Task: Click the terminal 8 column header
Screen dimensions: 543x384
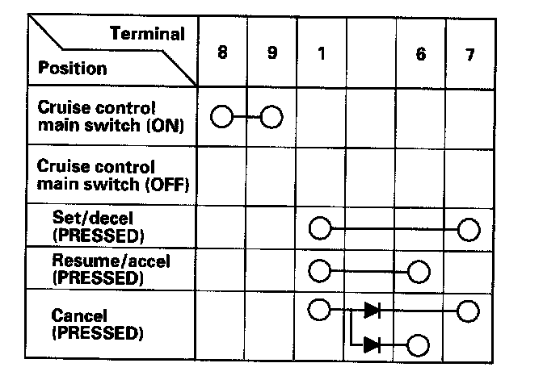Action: (x=221, y=54)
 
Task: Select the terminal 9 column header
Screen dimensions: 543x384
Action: (x=271, y=54)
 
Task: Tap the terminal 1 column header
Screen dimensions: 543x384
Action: (x=321, y=55)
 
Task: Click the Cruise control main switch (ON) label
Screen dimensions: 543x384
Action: (x=108, y=117)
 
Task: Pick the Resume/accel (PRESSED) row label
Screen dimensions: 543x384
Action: (x=111, y=269)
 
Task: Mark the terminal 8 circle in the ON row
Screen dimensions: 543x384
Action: (x=221, y=118)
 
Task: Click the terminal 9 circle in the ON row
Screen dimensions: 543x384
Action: (x=271, y=118)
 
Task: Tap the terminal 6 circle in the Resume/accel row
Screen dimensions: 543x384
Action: (x=419, y=271)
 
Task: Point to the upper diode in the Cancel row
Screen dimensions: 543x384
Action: (x=373, y=310)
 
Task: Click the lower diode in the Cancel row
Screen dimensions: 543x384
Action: (x=373, y=345)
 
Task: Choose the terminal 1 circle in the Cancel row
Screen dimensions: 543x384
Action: (x=320, y=310)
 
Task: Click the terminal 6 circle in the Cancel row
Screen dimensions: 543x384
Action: (x=419, y=346)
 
